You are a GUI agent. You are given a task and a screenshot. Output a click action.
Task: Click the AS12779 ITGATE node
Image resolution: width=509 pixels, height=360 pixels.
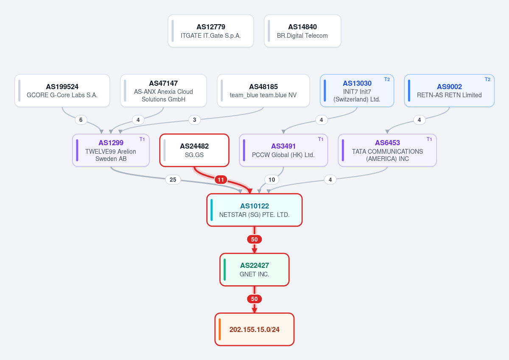tap(211, 31)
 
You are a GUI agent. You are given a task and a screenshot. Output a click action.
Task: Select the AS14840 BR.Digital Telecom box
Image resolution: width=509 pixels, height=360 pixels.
tap(302, 31)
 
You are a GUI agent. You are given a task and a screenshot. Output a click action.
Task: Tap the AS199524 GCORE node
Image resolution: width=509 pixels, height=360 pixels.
tap(62, 90)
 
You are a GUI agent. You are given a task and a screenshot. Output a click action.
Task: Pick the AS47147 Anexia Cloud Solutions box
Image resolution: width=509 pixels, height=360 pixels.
tap(163, 90)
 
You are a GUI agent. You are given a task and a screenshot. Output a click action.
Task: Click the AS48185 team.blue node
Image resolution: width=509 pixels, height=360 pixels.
tap(263, 90)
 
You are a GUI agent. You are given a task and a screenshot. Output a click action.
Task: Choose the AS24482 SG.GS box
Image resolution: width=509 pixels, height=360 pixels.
tap(194, 150)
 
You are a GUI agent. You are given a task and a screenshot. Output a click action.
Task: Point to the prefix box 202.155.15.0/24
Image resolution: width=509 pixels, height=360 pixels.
tap(255, 329)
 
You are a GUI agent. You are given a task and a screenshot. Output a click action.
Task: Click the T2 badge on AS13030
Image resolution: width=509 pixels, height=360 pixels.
tap(387, 79)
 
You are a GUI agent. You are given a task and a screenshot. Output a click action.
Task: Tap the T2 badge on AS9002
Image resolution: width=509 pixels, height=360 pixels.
tap(487, 79)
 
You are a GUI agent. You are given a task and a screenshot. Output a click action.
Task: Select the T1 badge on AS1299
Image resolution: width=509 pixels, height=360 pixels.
tap(142, 139)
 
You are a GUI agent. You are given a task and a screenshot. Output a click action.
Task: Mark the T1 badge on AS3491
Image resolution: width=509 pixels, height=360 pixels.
tap(320, 139)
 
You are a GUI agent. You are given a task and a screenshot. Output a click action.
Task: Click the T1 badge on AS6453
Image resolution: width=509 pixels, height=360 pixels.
tap(429, 139)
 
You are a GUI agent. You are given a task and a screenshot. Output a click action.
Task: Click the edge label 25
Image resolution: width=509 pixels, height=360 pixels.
tap(173, 180)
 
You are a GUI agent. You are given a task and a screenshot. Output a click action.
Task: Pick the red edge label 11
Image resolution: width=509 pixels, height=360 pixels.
tap(221, 180)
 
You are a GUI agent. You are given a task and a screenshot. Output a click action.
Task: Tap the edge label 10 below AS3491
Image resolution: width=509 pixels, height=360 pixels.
tap(272, 180)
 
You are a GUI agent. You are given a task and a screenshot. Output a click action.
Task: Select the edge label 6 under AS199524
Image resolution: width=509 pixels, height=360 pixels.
tap(81, 120)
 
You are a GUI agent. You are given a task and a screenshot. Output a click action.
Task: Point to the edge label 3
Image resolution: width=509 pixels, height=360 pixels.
tap(195, 120)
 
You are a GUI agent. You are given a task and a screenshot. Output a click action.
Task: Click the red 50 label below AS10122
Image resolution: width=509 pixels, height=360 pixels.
tap(254, 239)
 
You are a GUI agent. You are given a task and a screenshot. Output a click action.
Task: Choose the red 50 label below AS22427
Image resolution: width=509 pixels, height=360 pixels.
tap(254, 299)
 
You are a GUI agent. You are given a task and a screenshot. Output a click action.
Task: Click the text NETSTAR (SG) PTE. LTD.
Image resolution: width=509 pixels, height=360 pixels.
tap(254, 215)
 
